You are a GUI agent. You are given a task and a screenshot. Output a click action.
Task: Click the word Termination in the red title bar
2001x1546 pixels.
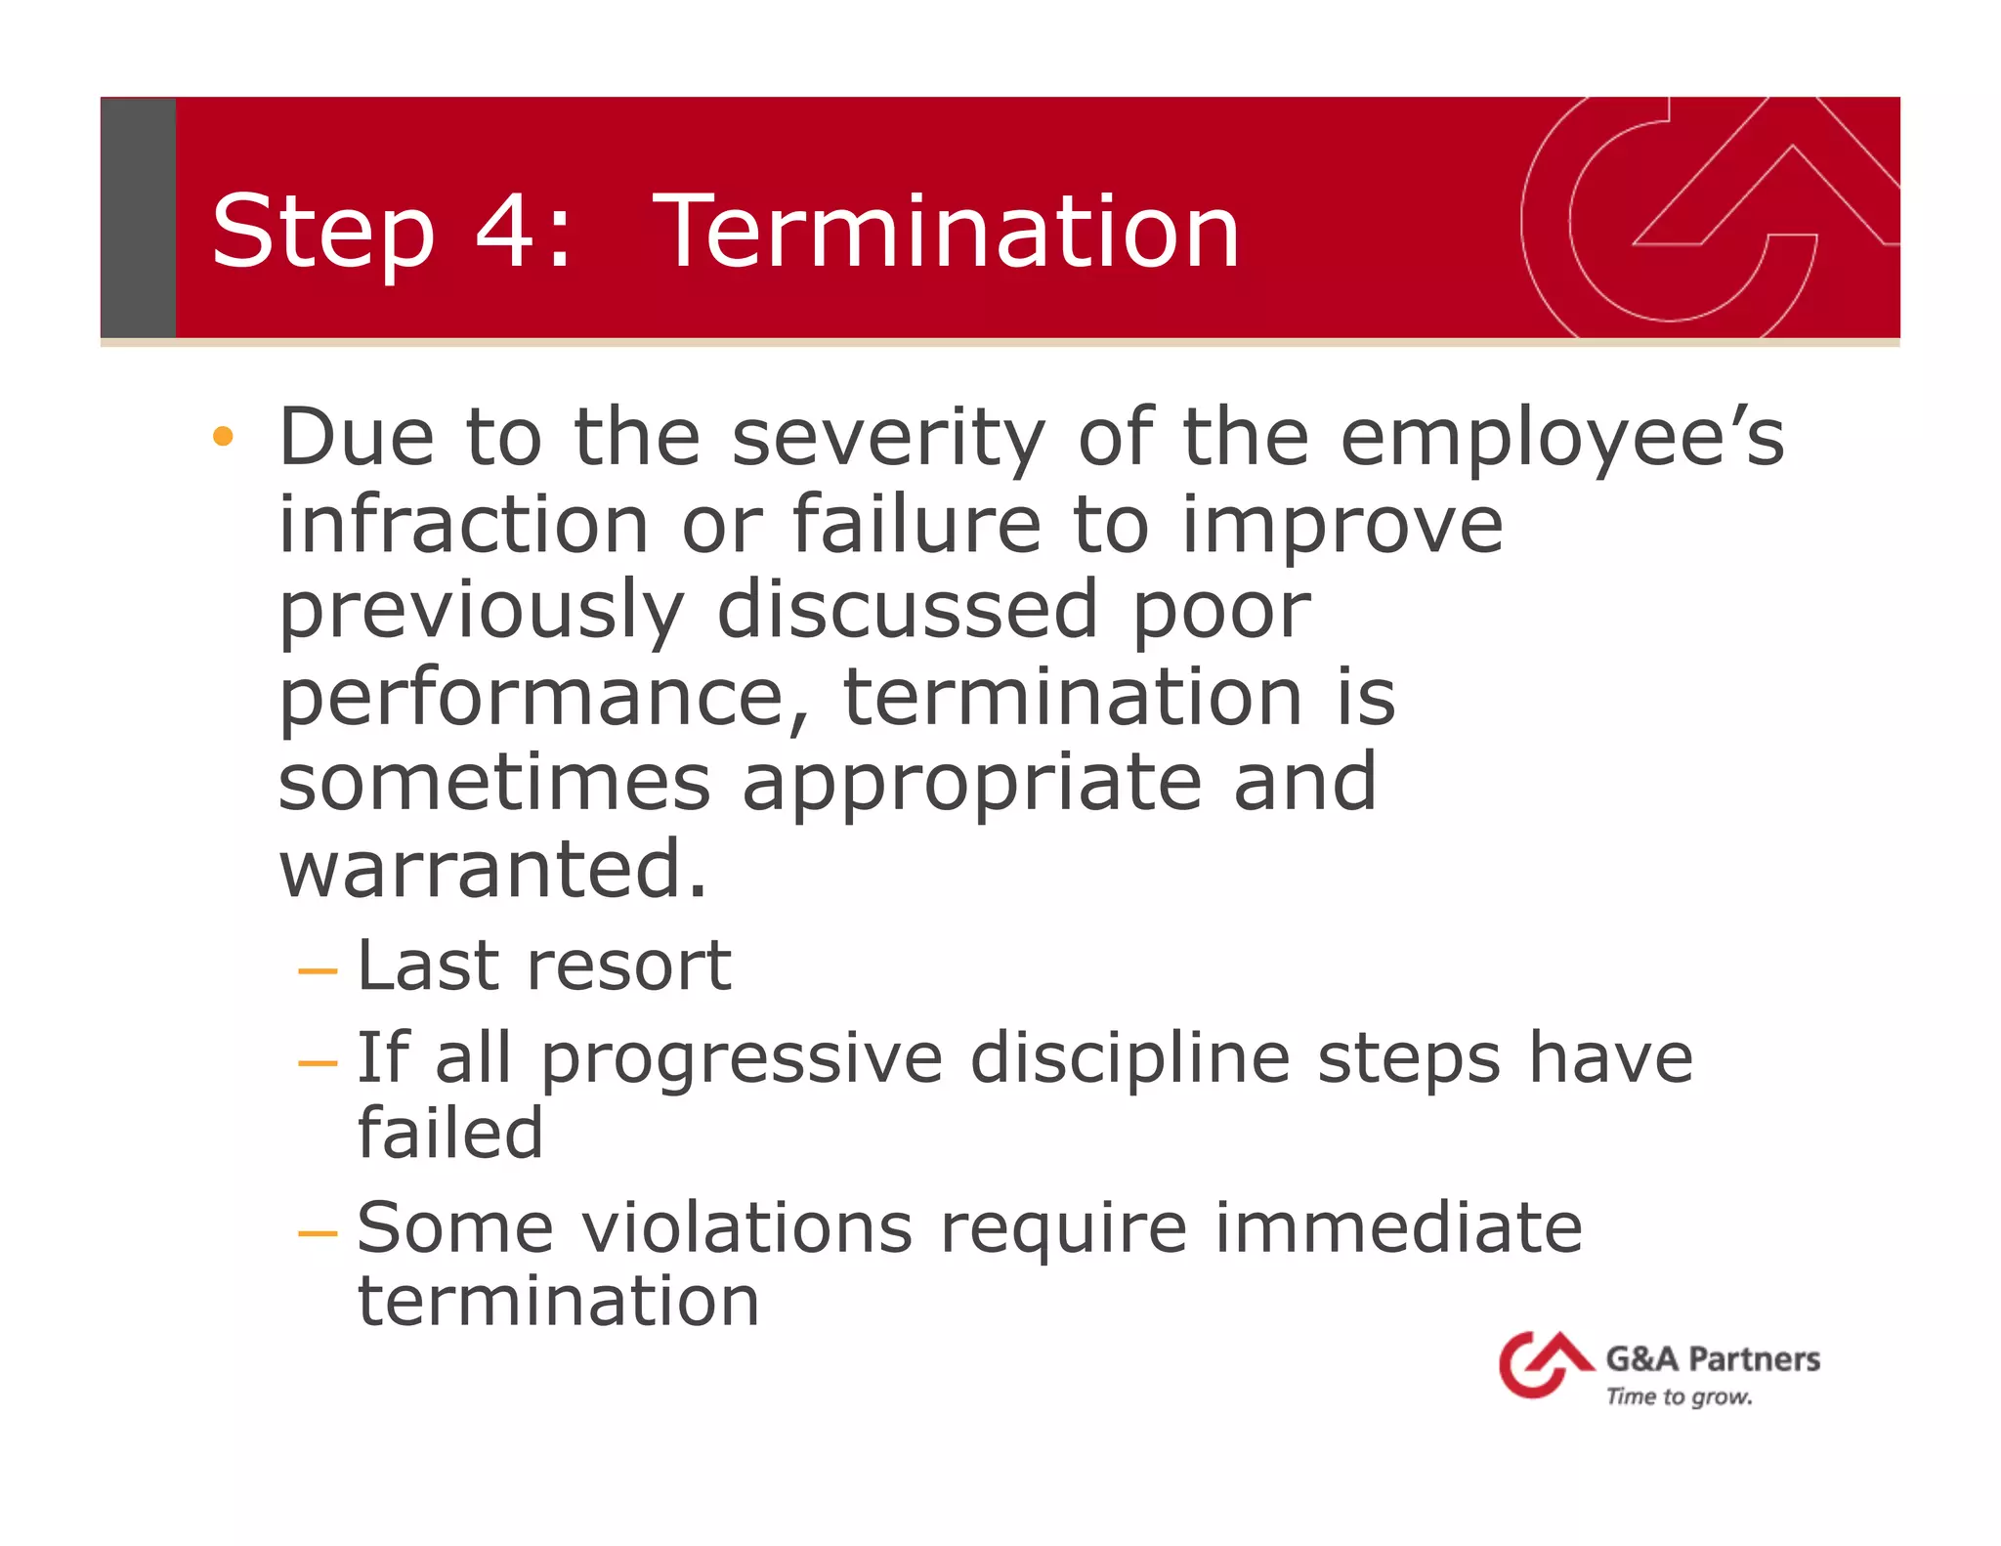[x=946, y=232]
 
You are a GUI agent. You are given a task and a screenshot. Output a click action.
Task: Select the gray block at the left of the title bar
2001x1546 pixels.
[x=138, y=217]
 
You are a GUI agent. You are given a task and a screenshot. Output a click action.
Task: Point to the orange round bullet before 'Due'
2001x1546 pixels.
[x=224, y=436]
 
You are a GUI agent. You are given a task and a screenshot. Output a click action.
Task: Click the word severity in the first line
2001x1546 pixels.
[x=888, y=439]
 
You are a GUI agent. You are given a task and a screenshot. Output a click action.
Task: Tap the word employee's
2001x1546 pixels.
[x=1561, y=439]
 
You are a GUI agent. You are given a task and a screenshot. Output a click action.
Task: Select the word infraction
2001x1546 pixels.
[x=464, y=525]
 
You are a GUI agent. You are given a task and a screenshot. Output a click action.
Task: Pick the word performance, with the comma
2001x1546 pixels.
[x=544, y=700]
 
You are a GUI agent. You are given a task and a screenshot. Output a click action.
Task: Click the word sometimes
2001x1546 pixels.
[x=494, y=783]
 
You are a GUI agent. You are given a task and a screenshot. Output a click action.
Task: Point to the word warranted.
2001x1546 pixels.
[x=492, y=869]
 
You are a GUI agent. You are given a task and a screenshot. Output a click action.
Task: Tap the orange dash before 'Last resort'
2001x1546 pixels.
[x=318, y=971]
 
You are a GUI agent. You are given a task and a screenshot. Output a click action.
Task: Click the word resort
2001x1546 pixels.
[x=628, y=966]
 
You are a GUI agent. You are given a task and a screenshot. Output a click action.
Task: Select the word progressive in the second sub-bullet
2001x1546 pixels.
[x=742, y=1059]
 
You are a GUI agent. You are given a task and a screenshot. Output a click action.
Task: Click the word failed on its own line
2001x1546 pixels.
[x=450, y=1134]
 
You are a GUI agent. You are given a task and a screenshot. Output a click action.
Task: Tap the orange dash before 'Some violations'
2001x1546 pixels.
[x=318, y=1233]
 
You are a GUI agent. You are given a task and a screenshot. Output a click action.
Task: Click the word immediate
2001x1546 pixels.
[x=1397, y=1227]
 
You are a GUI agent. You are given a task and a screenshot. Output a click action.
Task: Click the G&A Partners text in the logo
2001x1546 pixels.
[x=1712, y=1359]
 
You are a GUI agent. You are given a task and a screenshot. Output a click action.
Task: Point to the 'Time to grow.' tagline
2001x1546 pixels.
[x=1679, y=1396]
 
